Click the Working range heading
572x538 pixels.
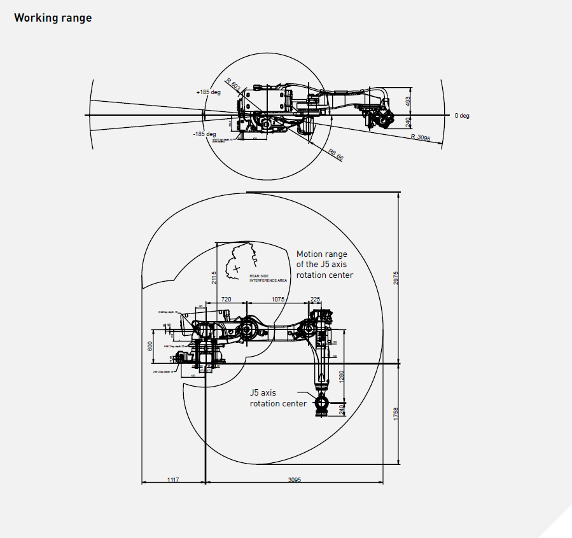pyautogui.click(x=53, y=18)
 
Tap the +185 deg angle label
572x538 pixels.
pyautogui.click(x=208, y=92)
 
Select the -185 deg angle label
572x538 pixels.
pyautogui.click(x=205, y=134)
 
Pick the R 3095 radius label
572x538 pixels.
pyautogui.click(x=421, y=137)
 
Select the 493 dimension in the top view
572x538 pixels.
pyautogui.click(x=408, y=100)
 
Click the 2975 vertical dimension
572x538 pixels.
pyautogui.click(x=395, y=278)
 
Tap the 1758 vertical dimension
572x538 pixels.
pyautogui.click(x=395, y=414)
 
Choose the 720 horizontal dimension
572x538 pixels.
pyautogui.click(x=225, y=298)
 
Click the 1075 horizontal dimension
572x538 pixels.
pyautogui.click(x=278, y=298)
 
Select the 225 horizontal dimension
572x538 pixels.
pyautogui.click(x=315, y=298)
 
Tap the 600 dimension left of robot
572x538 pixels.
pyautogui.click(x=151, y=346)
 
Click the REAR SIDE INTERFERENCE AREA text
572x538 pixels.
pyautogui.click(x=268, y=278)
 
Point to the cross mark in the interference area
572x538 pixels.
pyautogui.click(x=237, y=269)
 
